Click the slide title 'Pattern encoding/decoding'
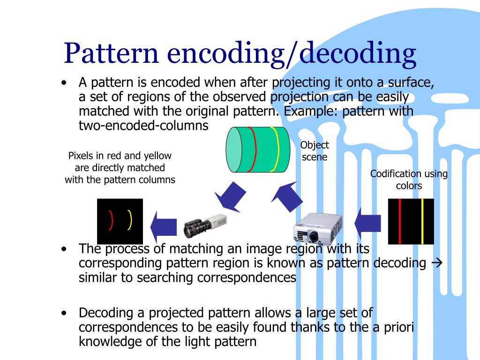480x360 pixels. pos(240,53)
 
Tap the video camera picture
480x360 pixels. pos(205,226)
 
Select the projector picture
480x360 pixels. pos(314,228)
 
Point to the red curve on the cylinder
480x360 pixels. pos(254,149)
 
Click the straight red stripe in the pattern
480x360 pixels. pos(399,221)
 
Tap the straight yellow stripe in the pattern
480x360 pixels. pos(422,221)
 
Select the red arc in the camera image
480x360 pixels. pos(111,221)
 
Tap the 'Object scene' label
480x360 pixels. pos(315,151)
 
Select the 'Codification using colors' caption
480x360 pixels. pos(409,180)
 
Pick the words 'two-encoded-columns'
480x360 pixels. pos(143,126)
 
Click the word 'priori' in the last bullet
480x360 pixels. pos(398,327)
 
